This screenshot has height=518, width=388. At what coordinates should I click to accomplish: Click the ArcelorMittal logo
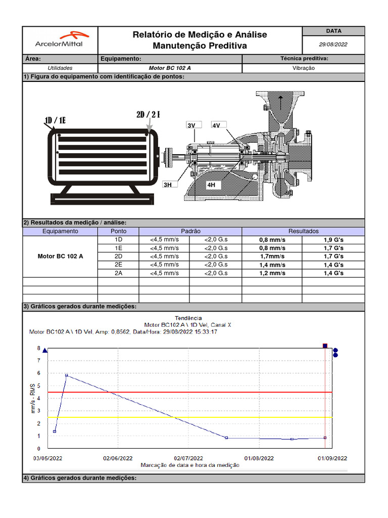(x=60, y=39)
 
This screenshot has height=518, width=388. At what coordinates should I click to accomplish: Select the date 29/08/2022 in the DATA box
(x=333, y=45)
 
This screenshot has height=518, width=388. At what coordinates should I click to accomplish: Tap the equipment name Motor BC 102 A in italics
(x=170, y=68)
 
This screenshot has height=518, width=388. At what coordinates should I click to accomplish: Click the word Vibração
(x=304, y=68)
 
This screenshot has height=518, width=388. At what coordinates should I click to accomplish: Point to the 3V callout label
(x=191, y=125)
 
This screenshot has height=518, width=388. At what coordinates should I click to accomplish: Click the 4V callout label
(x=216, y=125)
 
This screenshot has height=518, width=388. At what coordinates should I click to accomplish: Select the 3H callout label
(x=168, y=185)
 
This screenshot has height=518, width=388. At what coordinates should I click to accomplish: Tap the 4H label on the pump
(x=211, y=185)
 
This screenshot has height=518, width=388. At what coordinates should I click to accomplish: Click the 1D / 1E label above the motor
(x=56, y=120)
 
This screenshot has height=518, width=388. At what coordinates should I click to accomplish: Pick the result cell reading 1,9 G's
(x=333, y=240)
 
